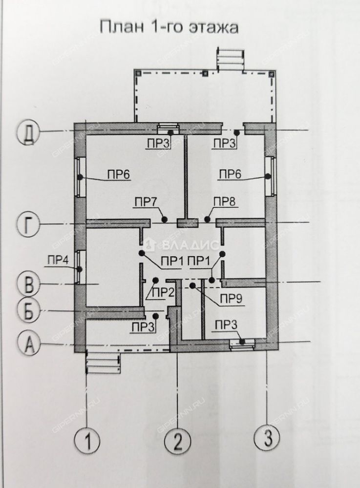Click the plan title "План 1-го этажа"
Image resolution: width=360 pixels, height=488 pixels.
tap(169, 27)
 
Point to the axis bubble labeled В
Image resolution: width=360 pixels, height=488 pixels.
tap(29, 284)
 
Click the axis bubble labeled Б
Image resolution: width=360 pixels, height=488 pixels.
tap(29, 310)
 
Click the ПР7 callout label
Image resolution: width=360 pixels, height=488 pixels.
tap(146, 202)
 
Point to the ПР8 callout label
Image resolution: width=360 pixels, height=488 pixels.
tap(225, 202)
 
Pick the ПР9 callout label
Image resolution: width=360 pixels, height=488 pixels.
tap(232, 300)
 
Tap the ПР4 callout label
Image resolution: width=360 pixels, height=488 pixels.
tap(58, 260)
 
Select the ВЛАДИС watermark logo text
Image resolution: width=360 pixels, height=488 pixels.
tap(191, 245)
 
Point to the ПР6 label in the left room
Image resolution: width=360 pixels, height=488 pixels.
tap(119, 174)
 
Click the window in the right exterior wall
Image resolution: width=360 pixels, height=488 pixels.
tap(271, 176)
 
